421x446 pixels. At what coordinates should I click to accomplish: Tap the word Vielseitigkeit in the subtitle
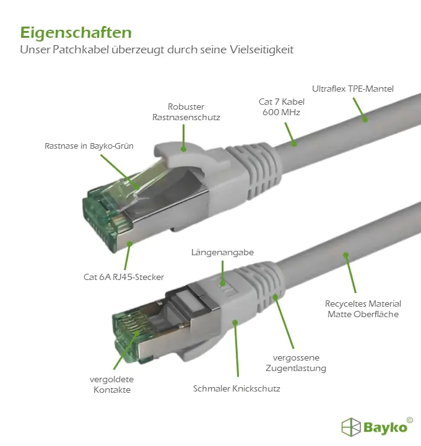point(261,50)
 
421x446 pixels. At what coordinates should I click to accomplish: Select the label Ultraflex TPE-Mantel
point(353,89)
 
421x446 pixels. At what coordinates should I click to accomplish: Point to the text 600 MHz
point(281,112)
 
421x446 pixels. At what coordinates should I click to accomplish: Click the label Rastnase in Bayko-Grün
point(89,146)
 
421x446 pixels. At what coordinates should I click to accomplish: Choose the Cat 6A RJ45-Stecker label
point(124,277)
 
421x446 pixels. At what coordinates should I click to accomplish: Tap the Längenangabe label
point(222,253)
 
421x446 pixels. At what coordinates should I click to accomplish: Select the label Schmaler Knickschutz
point(237,388)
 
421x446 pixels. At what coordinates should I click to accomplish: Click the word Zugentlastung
point(296,369)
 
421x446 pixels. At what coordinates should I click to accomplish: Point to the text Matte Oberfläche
point(363,314)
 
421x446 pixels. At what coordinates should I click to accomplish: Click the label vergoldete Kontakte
point(111,384)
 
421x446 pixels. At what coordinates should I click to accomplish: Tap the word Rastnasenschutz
point(186,117)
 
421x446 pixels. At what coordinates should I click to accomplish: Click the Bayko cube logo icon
point(351,427)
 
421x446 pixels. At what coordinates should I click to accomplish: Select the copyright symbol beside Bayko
point(410,420)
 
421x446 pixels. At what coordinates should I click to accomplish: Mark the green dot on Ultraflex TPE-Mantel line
point(365,120)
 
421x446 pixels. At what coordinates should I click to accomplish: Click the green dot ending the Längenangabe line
point(223,283)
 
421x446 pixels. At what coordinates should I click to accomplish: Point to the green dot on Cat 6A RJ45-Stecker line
point(129,244)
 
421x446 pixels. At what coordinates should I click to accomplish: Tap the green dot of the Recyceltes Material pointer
point(345,255)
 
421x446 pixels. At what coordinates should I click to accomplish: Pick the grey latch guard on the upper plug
point(184,157)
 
